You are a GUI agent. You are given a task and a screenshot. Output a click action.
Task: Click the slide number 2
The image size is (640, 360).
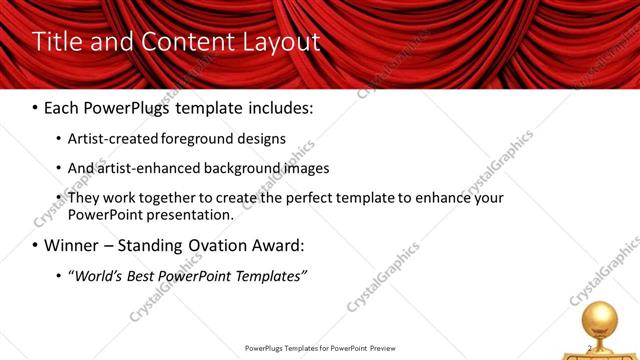590,348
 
